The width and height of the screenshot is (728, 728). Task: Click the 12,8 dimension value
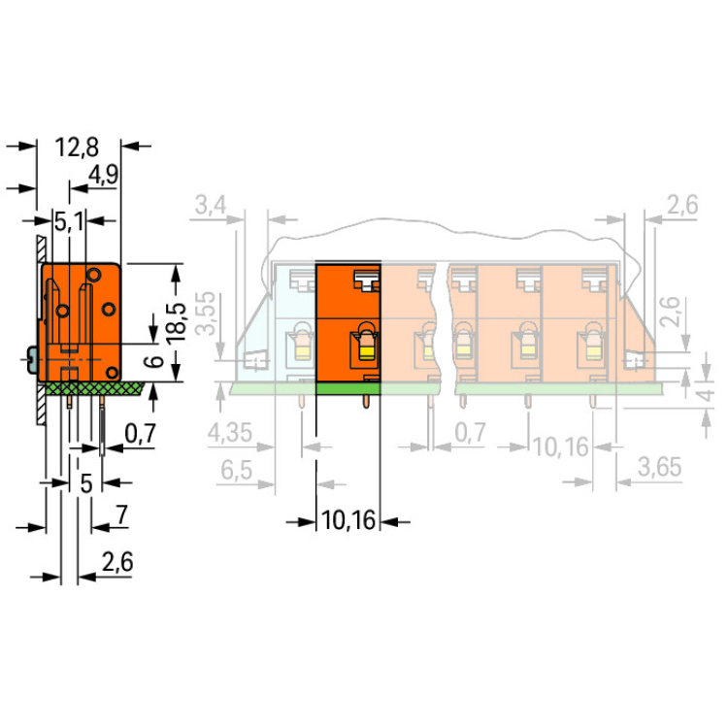77,148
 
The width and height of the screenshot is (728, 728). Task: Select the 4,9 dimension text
103,175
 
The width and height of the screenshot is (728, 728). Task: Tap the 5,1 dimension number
70,221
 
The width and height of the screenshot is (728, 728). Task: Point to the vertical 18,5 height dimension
177,323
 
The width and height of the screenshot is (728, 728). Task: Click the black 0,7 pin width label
140,434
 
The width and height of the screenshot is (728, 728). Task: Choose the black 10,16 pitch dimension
348,520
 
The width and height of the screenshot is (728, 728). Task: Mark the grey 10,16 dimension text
561,447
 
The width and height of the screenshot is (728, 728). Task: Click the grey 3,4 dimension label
211,205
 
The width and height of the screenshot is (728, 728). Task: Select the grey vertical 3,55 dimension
205,313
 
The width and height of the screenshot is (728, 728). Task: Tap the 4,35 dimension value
229,433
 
